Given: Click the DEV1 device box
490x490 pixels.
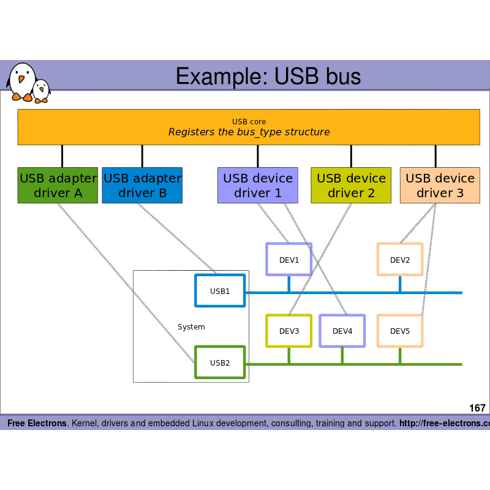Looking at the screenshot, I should tap(288, 259).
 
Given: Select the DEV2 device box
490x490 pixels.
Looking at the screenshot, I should tap(399, 259).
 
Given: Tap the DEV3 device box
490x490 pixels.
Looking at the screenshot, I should tap(288, 331).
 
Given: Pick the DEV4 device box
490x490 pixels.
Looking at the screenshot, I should tap(342, 331).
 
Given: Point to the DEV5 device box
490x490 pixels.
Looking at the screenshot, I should tap(399, 331).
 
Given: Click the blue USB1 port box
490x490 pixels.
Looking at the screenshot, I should tap(220, 290).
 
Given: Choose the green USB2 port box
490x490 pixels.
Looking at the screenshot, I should tap(220, 362).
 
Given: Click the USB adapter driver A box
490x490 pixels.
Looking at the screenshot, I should tap(58, 185).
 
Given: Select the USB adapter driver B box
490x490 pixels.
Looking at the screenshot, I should tap(142, 185).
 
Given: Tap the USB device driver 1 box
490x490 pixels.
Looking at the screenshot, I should tap(257, 185).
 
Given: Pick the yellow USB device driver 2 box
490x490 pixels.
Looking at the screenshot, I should tap(351, 185).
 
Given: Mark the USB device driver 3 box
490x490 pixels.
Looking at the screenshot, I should tap(440, 185).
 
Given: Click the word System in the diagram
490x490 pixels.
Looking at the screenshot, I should tap(191, 327).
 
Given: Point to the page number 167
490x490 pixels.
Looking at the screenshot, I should tap(477, 408).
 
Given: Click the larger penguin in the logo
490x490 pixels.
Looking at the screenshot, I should tap(21, 81).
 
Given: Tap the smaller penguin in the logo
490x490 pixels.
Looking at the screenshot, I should tap(41, 91).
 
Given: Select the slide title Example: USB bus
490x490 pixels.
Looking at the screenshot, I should tap(268, 76).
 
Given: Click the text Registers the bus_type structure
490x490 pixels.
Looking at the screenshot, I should tap(249, 132).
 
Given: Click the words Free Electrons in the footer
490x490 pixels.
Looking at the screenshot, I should tap(37, 423).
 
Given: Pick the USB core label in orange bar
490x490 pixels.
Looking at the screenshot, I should tap(249, 122).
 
